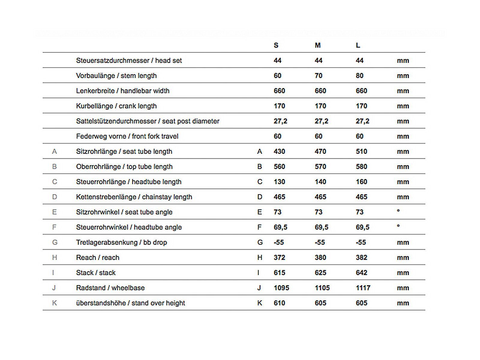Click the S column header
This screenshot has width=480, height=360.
[x=276, y=45]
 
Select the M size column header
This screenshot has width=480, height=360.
[x=318, y=45]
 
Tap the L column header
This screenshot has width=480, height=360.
[x=358, y=45]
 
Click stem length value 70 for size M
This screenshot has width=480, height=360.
[x=318, y=76]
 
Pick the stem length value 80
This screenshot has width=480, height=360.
[x=359, y=76]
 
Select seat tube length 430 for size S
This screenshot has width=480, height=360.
[x=279, y=151]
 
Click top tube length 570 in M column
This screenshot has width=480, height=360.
[x=320, y=167]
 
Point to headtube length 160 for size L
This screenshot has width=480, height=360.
[x=361, y=182]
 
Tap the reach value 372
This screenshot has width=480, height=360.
[x=279, y=258]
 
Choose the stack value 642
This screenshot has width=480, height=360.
[x=361, y=273]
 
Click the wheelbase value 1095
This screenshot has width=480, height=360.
[x=281, y=288]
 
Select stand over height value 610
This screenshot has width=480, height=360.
[x=279, y=303]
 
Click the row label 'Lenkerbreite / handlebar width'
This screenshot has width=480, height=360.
[x=123, y=91]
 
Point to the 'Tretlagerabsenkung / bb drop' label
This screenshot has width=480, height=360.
[x=121, y=242]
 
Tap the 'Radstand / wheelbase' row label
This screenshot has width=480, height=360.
[x=110, y=288]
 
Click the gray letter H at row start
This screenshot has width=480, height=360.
[x=54, y=258]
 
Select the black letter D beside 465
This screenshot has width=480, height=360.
[x=260, y=197]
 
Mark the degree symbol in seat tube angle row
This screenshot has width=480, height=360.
[x=398, y=211]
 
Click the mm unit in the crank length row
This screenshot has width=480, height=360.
[x=403, y=106]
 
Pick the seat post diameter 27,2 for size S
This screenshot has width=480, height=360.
[x=280, y=121]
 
